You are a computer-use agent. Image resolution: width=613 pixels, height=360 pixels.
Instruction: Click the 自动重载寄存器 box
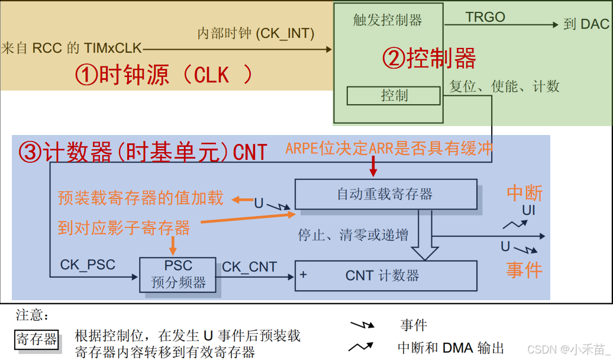pos(385,194)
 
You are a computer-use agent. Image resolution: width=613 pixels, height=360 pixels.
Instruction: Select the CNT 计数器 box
pos(385,275)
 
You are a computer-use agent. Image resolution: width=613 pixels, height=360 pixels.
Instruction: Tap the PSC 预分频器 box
pos(178,275)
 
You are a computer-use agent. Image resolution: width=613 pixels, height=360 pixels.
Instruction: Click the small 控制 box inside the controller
pos(393,95)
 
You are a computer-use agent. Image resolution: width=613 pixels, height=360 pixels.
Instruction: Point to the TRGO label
pos(485,17)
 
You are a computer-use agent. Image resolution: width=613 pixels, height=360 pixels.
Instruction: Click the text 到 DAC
pos(586,24)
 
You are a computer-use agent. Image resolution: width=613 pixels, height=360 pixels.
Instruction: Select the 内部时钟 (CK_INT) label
pos(256,34)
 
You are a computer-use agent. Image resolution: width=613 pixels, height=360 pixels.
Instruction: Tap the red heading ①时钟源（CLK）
pos(163,75)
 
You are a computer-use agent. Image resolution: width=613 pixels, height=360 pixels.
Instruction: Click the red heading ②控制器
pos(429,59)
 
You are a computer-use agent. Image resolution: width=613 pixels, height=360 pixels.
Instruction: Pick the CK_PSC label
pos(88,264)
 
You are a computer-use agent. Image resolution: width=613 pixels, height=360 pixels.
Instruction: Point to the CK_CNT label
pos(249,267)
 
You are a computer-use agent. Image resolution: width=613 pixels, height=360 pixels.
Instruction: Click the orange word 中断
pos(524,193)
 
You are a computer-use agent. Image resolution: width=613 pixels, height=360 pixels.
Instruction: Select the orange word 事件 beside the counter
pos(524,270)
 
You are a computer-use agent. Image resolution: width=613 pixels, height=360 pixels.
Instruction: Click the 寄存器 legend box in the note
pos(37,339)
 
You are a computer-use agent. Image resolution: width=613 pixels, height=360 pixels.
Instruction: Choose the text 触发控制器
pos(388,21)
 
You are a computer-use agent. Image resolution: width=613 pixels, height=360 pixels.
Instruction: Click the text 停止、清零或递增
pos(353,234)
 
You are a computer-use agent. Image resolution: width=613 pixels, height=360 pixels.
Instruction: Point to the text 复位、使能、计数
pos(504,86)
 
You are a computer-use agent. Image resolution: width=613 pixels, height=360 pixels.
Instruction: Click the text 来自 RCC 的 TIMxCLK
pos(72,48)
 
